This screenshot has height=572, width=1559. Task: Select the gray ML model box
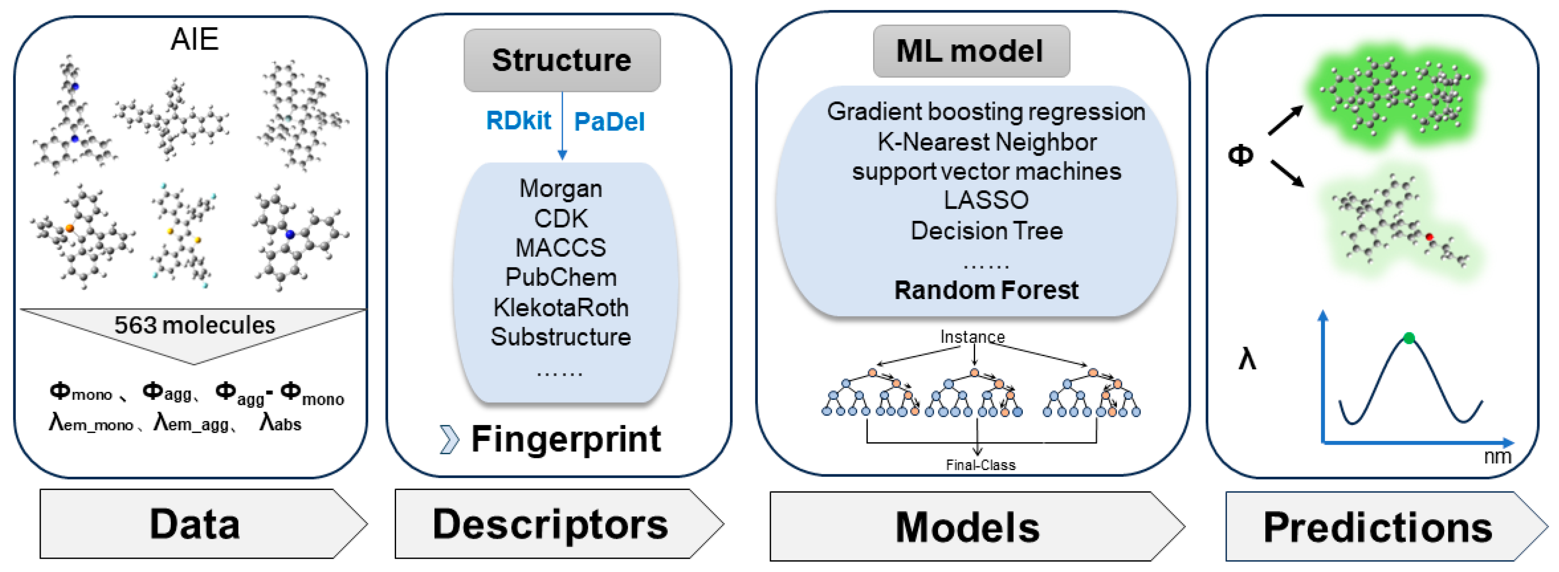(971, 51)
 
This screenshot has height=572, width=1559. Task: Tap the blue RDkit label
(519, 121)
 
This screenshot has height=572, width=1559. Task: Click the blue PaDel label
(609, 121)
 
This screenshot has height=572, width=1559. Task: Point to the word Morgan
(561, 189)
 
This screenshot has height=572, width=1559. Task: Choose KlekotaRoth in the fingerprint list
(561, 307)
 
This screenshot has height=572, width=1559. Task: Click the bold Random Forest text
(987, 290)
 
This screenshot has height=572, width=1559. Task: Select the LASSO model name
(987, 200)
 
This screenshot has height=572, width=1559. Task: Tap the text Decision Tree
(987, 230)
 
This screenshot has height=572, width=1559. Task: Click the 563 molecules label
(195, 325)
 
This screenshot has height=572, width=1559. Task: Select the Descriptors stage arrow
(559, 524)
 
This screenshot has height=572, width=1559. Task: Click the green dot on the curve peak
(1409, 338)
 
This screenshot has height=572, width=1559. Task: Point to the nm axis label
(1497, 456)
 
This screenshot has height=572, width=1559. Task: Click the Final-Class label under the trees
(980, 465)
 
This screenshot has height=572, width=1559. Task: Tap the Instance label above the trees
(973, 337)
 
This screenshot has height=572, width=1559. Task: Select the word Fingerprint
(566, 439)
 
